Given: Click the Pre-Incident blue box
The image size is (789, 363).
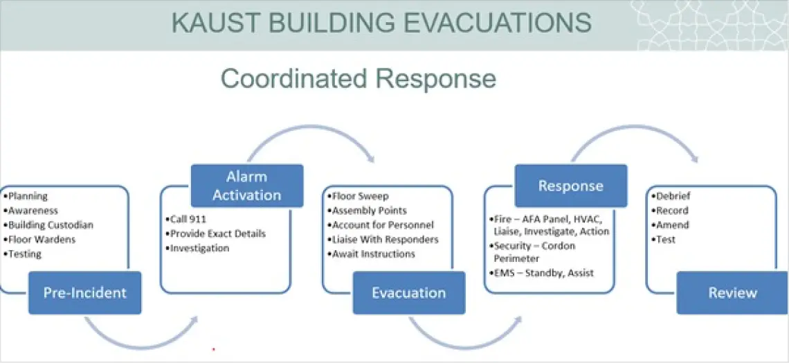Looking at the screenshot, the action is (85, 292).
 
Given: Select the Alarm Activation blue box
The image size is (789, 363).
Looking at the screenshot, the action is (246, 186).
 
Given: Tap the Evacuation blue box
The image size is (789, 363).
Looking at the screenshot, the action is (408, 292).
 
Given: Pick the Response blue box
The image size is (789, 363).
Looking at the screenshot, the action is (570, 186).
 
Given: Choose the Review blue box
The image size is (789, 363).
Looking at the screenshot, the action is (733, 292).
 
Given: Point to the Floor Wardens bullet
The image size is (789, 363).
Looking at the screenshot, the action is (39, 240).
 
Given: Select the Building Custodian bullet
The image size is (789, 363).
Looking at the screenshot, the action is (48, 225).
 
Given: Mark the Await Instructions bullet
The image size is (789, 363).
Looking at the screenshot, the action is (371, 254).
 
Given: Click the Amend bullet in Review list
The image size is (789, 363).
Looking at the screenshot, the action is (670, 225).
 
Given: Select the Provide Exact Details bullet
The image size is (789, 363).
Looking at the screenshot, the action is (215, 233).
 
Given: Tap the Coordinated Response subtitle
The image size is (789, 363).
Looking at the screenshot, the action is (359, 79).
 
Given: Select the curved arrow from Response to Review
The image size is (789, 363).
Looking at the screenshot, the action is (635, 129).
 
